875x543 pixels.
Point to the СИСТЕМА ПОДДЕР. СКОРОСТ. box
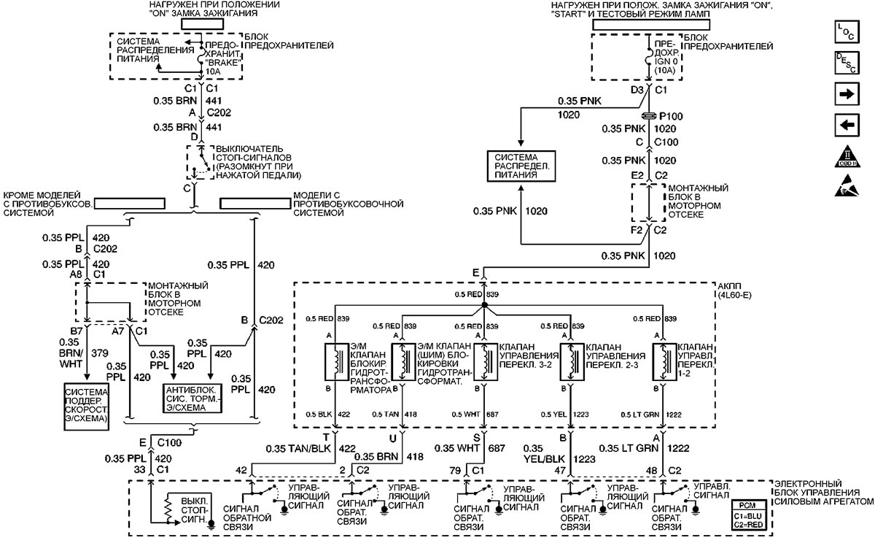click(x=87, y=404)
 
